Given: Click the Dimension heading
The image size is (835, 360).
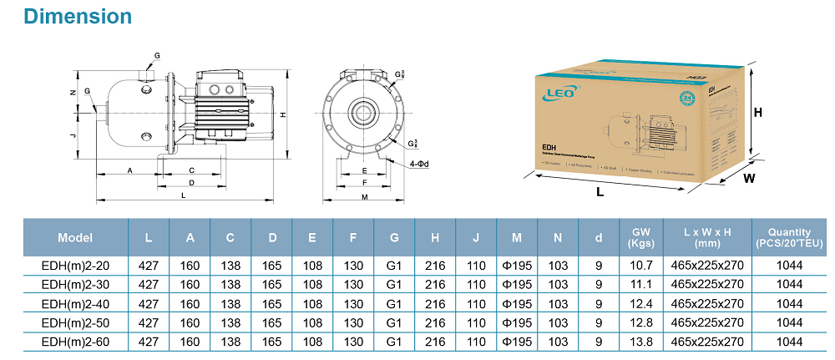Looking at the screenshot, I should pos(68,16).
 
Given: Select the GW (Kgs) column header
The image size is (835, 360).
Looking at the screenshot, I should pos(640,238).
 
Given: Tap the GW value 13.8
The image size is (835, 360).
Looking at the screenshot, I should pos(640,342).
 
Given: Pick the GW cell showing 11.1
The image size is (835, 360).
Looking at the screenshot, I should pos(640,284).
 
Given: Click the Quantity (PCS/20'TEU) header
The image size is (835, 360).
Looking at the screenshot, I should pos(789,238).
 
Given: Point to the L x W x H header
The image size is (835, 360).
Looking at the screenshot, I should pos(706,238).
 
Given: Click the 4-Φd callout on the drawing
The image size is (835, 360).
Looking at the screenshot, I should pos(419,164).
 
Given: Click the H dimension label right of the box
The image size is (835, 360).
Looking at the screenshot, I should pos(758,112).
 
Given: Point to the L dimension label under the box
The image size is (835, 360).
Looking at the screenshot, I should pos(600,191).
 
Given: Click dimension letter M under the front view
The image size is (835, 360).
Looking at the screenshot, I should pos(364,197).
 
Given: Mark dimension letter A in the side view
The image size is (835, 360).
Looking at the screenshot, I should pos(129,170).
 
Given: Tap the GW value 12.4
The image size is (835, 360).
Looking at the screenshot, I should pos(640,303).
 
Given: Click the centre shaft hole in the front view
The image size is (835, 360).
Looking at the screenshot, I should pos(364,113).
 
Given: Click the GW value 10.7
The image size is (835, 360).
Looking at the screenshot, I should pos(640,265).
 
